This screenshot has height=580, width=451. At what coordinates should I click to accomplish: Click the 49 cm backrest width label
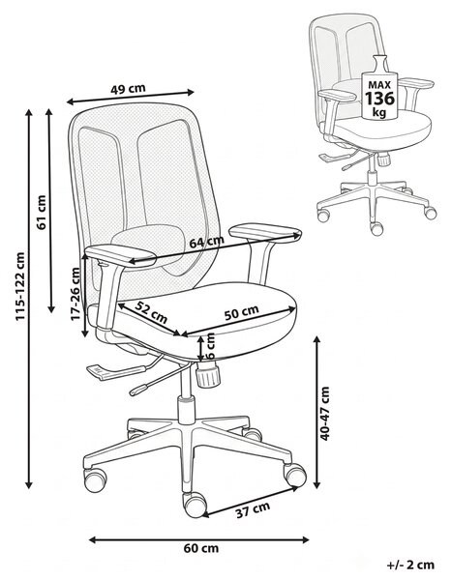[x=128, y=89]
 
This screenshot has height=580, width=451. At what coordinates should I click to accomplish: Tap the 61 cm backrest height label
[x=42, y=213]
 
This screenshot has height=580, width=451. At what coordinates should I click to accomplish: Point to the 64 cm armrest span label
[x=206, y=242]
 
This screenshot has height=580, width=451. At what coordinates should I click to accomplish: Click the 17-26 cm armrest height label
[x=75, y=294]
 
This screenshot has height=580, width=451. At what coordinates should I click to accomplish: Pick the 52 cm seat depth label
[x=151, y=311]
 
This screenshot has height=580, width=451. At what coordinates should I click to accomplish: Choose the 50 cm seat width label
[x=241, y=312]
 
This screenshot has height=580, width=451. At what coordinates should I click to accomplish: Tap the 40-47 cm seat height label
[x=324, y=414]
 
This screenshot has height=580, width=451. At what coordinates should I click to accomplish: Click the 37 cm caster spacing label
[x=254, y=510]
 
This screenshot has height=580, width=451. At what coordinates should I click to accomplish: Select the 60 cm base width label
[x=201, y=548]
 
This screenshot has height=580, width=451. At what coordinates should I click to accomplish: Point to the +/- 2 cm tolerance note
[x=410, y=565]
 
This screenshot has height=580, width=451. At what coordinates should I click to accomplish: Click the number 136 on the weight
[x=380, y=99]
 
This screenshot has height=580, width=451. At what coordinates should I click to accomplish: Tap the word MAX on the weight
[x=379, y=85]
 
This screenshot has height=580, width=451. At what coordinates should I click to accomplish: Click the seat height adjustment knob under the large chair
[x=208, y=374]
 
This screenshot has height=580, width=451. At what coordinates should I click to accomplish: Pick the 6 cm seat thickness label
[x=210, y=346]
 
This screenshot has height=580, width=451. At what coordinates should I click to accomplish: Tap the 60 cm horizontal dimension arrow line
[x=199, y=540]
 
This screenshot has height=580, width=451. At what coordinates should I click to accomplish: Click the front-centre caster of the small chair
[x=376, y=228]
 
